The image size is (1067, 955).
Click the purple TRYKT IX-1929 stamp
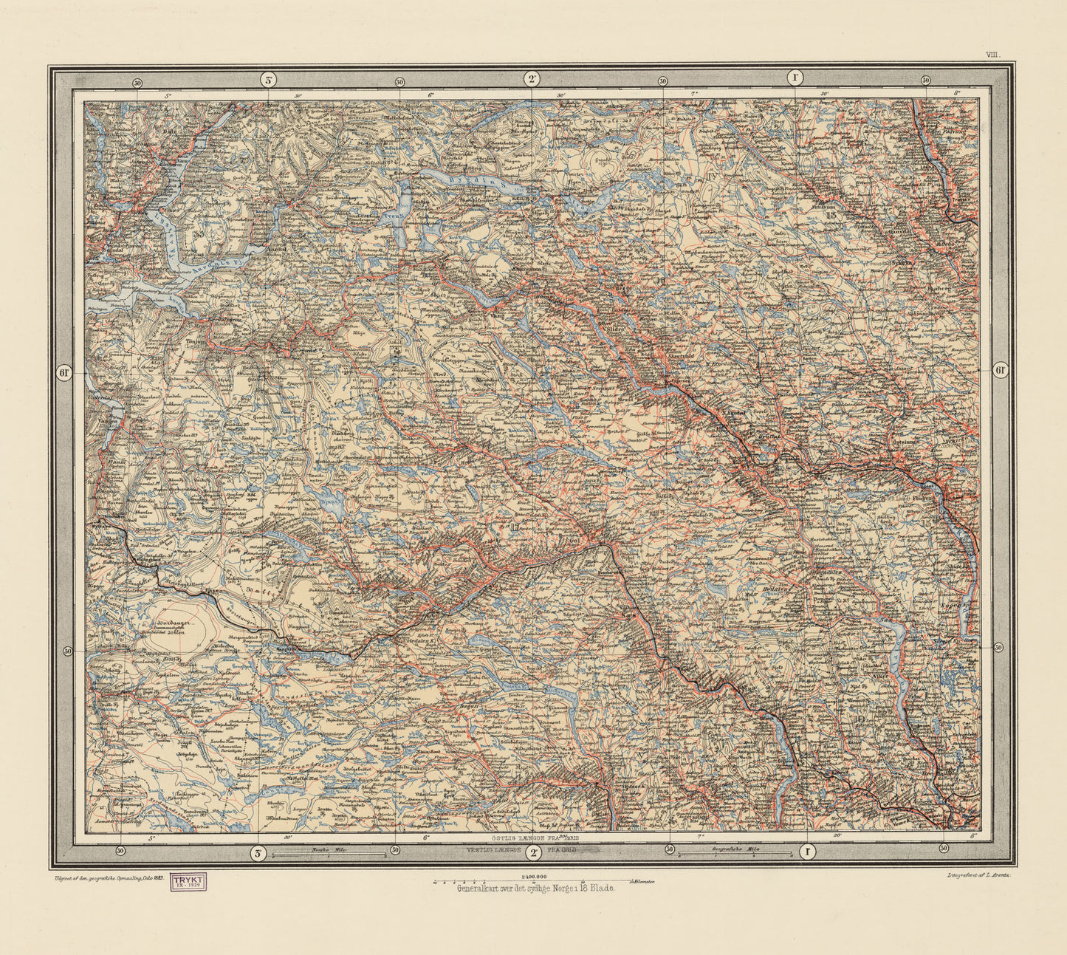point(189,883)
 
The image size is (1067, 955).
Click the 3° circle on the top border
point(268,80)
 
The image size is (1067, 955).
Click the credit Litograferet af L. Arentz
point(976,874)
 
